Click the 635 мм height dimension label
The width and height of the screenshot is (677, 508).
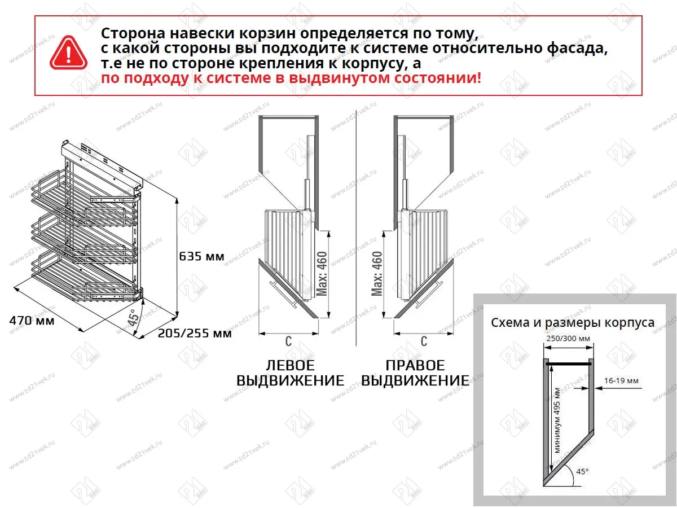click(201, 257)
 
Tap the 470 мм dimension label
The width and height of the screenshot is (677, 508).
click(32, 321)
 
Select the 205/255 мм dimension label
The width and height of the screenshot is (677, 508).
click(195, 334)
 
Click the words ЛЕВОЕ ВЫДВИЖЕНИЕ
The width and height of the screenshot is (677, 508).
click(290, 373)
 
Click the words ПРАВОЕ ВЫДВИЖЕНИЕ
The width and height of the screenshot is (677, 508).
click(415, 373)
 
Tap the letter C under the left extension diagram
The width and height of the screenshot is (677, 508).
click(288, 341)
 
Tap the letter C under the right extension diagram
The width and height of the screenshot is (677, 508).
click(424, 341)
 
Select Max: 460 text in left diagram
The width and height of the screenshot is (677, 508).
click(322, 273)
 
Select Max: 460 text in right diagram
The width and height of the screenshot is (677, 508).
click(377, 273)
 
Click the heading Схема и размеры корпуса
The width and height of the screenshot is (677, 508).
click(572, 323)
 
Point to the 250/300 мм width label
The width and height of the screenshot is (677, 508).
click(568, 338)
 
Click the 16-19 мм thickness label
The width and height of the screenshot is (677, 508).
click(621, 381)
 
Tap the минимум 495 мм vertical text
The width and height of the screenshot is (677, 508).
click(557, 421)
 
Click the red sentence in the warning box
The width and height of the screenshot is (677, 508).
click(291, 78)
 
